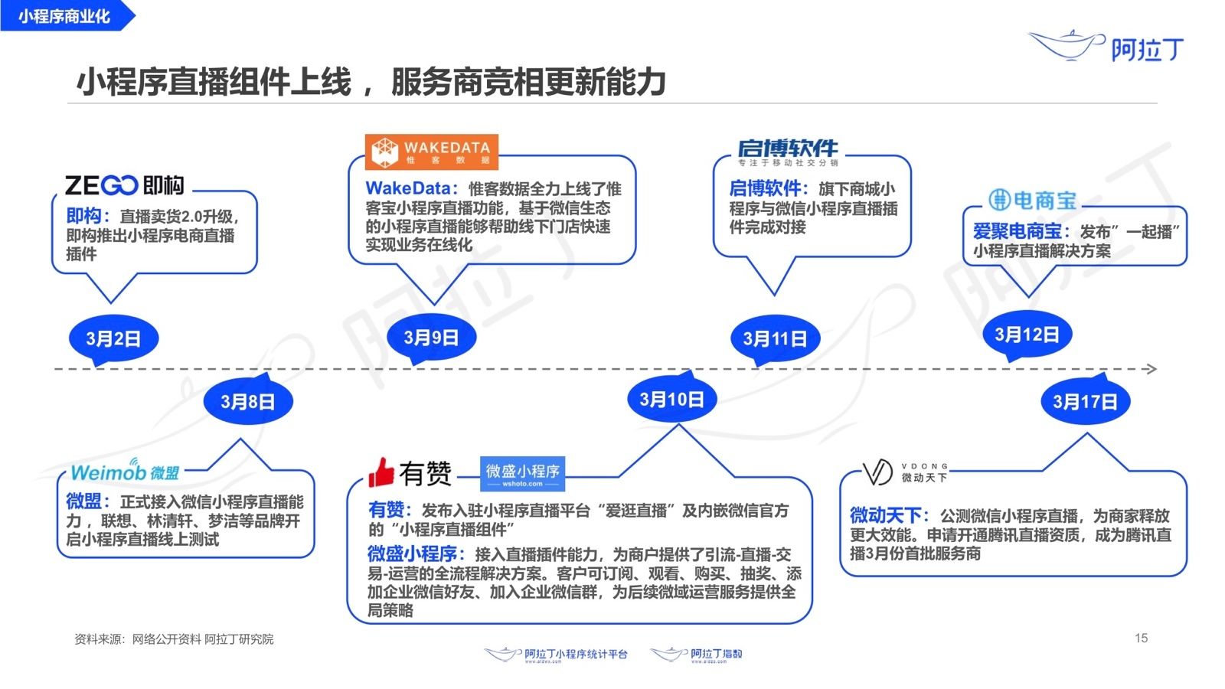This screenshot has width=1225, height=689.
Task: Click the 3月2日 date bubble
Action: [113, 338]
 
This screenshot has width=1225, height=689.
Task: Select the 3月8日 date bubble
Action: [247, 401]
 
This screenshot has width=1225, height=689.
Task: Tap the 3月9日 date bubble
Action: [431, 338]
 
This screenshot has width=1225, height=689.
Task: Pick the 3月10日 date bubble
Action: [671, 399]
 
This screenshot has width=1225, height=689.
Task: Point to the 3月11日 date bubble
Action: [775, 338]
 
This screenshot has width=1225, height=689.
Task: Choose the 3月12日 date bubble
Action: [1027, 335]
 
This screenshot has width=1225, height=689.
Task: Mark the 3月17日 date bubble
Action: [1085, 401]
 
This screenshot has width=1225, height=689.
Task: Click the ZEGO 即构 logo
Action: [124, 185]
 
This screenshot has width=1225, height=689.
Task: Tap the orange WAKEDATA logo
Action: [431, 151]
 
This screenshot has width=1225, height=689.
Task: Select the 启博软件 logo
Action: [788, 152]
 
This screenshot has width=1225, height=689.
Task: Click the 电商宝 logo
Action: [1032, 201]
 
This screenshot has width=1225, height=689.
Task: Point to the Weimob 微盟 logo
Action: [125, 471]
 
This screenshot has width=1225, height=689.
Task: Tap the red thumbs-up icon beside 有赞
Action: [381, 473]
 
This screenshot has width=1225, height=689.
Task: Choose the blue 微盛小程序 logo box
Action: [522, 473]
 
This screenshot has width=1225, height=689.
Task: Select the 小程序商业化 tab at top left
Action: [65, 16]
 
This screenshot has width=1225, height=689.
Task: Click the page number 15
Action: [1141, 638]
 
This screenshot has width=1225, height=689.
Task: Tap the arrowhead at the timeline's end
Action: [1150, 369]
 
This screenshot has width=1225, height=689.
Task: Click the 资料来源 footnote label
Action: [99, 639]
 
